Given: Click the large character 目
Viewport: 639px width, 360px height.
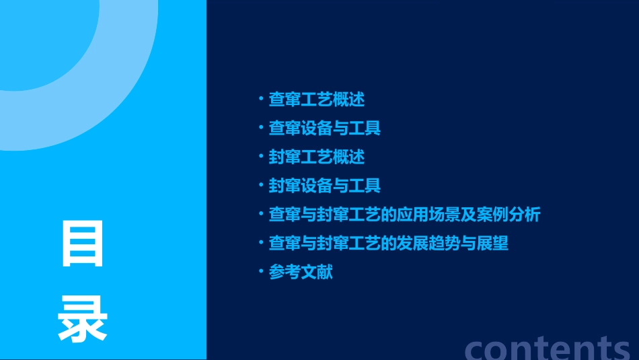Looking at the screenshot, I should coord(83,244).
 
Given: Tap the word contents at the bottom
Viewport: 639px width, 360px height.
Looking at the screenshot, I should coord(548,348).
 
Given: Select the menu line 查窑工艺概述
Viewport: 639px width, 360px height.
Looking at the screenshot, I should coord(316,100).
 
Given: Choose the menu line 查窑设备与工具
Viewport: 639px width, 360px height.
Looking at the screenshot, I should coord(324,128).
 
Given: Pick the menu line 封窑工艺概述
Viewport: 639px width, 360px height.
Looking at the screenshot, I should coord(316,157).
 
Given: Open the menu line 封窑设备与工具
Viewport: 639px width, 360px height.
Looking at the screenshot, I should coord(324,186).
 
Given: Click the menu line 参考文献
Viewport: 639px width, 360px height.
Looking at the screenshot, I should coord(301,273).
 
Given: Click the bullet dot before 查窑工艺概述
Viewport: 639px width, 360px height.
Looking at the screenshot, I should coord(261,99).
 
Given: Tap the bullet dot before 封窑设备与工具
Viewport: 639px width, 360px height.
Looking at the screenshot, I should coord(261,185).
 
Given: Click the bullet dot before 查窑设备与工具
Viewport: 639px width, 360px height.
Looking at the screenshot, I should coord(261,127).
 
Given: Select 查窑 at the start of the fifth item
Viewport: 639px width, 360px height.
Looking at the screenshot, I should coord(284,215).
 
